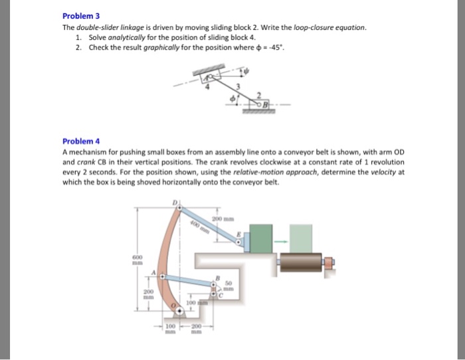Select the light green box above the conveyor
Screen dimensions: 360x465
[x=302, y=238]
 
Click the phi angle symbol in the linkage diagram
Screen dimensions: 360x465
[x=231, y=99]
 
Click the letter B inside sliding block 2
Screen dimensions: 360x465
[x=264, y=106]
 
